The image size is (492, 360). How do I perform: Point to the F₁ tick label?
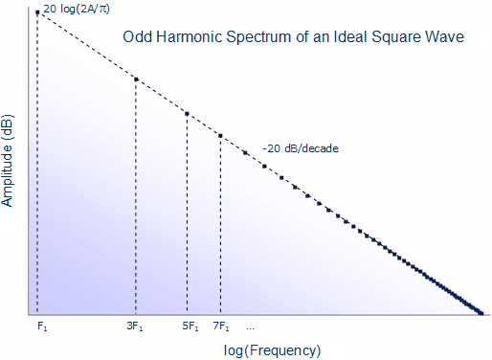pos(42,327)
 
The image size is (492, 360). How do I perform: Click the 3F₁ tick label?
pos(135,327)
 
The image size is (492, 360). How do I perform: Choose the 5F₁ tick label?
pos(190,327)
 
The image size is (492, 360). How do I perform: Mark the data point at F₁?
pos(37,12)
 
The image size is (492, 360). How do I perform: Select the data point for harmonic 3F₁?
pos(136,79)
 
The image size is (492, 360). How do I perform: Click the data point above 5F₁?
pos(187,113)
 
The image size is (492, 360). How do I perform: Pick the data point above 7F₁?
pos(221,136)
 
